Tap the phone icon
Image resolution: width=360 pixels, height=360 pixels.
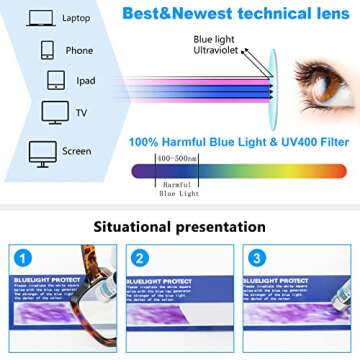coord(47,50)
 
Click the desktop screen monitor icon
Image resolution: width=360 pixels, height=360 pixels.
coord(43,152)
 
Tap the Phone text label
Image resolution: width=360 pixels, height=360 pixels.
coord(80,50)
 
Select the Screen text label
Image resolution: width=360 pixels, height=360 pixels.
coord(76,151)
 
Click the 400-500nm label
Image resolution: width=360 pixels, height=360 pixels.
coord(177,158)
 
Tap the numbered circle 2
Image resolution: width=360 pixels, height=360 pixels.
coord(140,258)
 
